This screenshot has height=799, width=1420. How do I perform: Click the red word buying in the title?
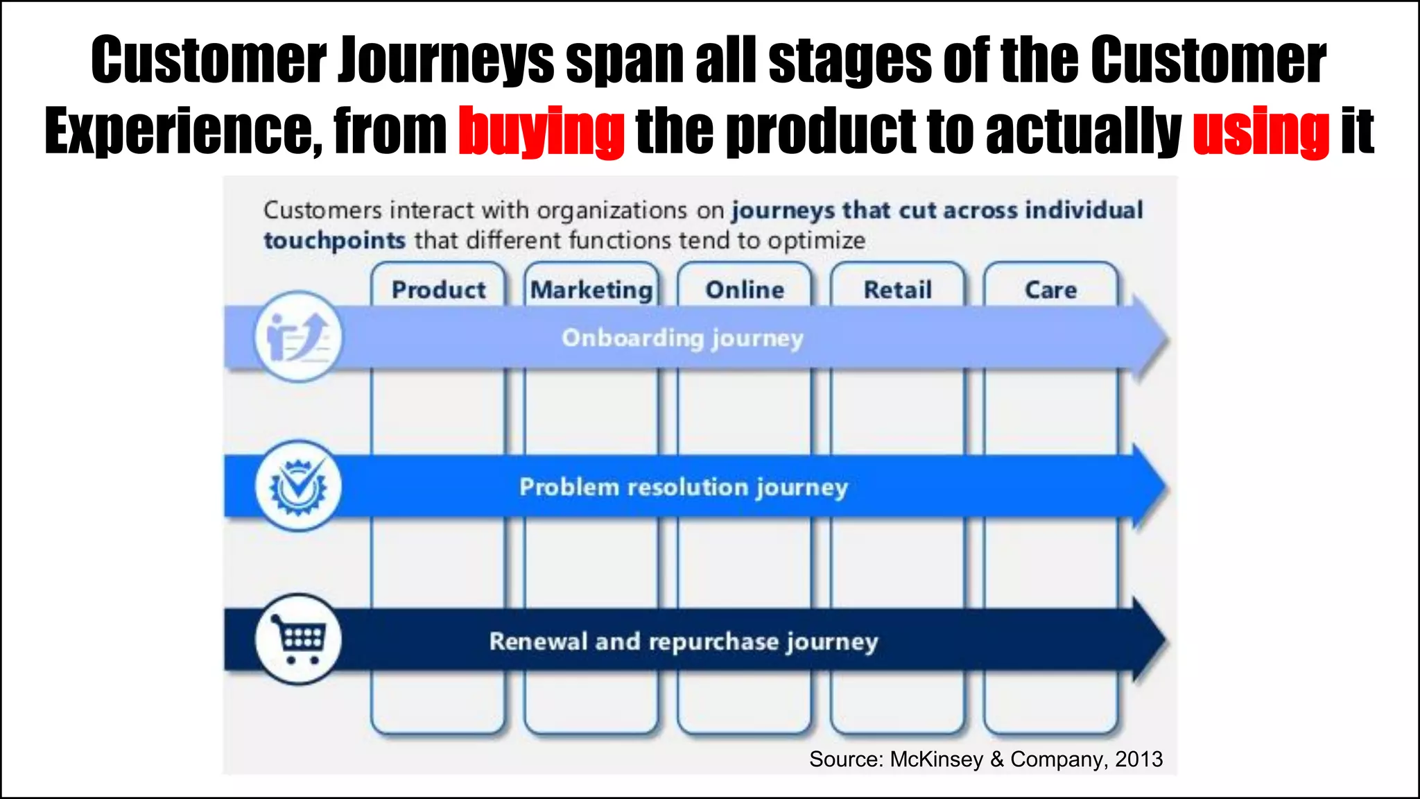(x=542, y=131)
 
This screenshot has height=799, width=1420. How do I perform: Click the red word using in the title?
(x=1261, y=131)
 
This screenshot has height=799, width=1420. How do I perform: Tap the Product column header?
(x=438, y=289)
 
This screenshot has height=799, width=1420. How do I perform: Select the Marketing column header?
(x=591, y=289)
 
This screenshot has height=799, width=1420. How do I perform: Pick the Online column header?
(x=745, y=289)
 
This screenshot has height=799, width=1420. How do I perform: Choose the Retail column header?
(x=897, y=289)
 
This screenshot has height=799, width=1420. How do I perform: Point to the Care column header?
(x=1050, y=289)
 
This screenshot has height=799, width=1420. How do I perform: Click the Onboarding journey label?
(x=682, y=338)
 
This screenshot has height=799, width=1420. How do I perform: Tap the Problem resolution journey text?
(x=683, y=487)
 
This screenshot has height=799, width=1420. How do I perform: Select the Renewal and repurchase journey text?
(x=683, y=642)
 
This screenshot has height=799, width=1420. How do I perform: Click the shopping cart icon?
(x=298, y=639)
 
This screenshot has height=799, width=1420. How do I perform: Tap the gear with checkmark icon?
(x=298, y=486)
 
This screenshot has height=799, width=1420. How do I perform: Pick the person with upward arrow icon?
(x=298, y=337)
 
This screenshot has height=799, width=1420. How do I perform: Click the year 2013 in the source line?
(x=1138, y=759)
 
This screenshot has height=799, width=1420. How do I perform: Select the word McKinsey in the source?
(x=936, y=759)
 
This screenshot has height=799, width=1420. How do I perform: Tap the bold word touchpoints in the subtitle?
(x=334, y=241)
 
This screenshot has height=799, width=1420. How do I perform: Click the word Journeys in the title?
(x=447, y=60)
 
